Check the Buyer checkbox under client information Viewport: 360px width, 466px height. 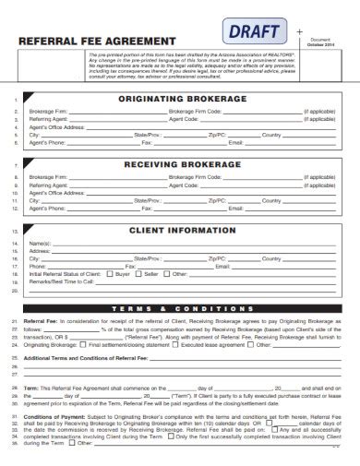tap(111, 274)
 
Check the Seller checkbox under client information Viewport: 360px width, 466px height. tap(138, 274)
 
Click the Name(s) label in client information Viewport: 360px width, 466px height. tap(40, 242)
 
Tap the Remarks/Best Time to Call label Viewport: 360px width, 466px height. tap(61, 282)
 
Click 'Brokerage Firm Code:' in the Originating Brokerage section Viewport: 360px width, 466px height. tap(195, 110)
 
